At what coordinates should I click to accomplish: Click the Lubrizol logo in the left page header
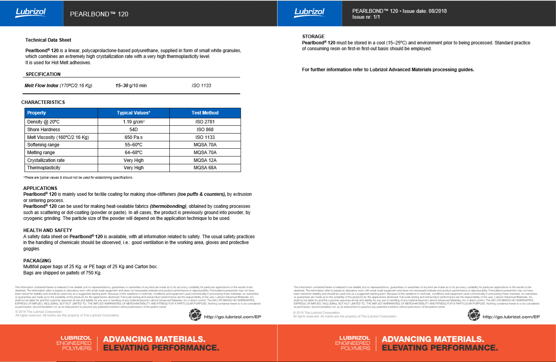pos(31,12)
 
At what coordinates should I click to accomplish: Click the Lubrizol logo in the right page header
pos(309,12)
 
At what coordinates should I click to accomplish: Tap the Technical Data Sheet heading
pos(48,40)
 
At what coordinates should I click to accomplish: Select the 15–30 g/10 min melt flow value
pos(131,86)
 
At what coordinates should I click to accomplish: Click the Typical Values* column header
pos(133,113)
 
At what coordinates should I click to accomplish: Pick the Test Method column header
pos(205,113)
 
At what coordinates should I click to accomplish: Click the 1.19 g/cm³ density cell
pos(133,122)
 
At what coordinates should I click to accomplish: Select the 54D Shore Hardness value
pos(133,130)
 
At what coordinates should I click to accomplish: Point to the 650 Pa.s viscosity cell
pos(133,137)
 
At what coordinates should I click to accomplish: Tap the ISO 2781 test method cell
pos(205,122)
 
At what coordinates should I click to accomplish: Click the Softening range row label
pos(43,145)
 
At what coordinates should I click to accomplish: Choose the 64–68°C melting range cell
pos(133,153)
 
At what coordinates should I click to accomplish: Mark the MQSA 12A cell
pos(205,160)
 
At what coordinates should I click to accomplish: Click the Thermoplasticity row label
pos(44,168)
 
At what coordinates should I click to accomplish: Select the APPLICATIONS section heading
pos(40,188)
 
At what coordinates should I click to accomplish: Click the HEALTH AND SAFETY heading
pos(47,230)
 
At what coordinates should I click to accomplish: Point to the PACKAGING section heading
pos(37,261)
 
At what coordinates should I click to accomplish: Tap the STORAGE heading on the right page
pos(313,37)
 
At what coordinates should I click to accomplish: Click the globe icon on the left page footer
pos(195,315)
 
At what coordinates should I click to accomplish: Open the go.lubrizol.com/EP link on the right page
pos(511,317)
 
